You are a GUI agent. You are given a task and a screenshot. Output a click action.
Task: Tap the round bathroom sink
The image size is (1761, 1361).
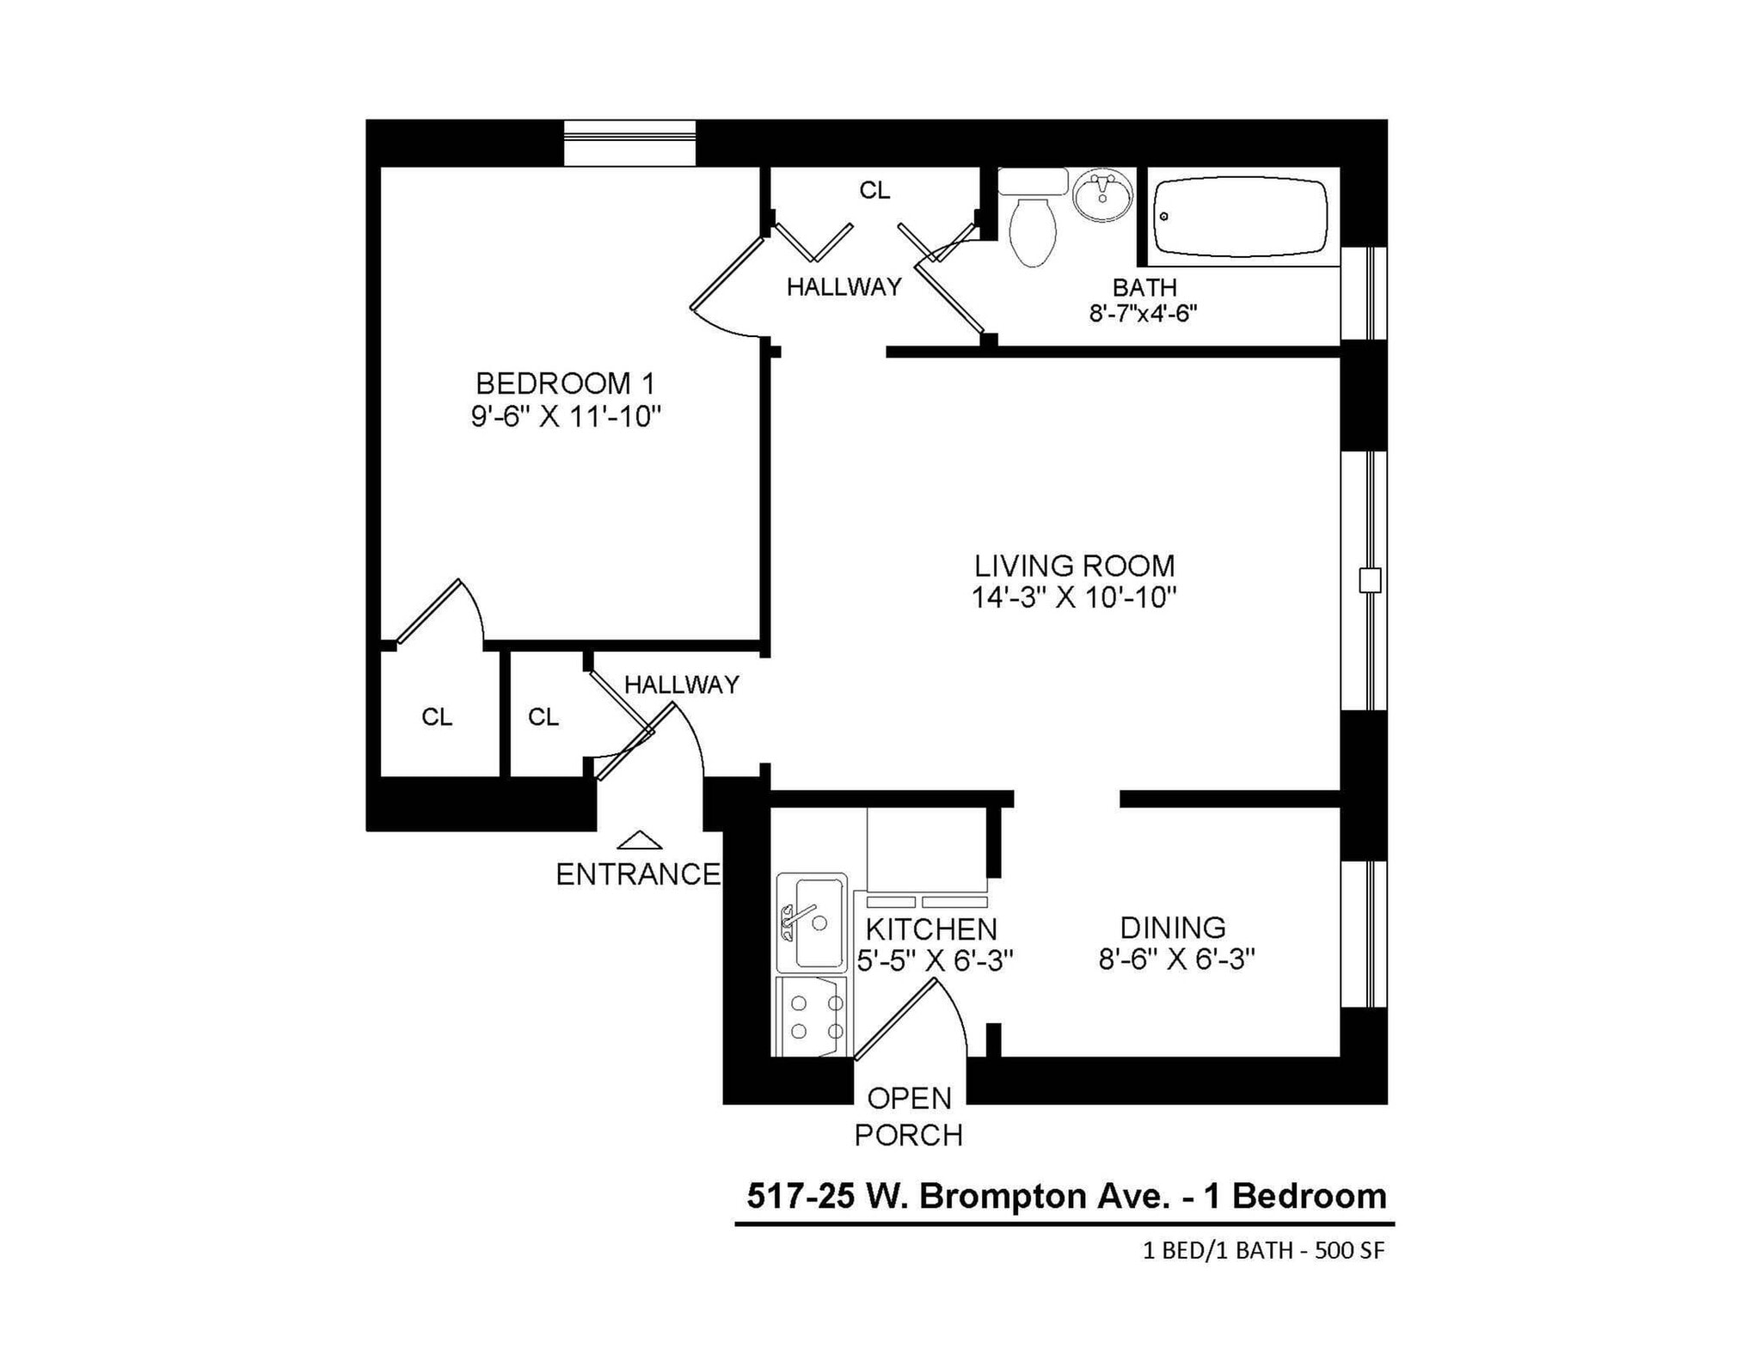[1103, 196]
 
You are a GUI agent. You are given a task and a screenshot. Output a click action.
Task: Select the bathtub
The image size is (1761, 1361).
[1239, 217]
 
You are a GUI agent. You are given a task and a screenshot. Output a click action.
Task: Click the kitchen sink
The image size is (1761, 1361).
[813, 922]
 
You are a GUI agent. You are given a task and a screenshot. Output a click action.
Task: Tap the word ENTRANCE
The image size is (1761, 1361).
[638, 874]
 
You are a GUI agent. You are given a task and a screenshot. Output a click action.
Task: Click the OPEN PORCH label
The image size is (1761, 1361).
[908, 1117]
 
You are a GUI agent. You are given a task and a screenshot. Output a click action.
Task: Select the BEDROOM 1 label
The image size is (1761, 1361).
[565, 383]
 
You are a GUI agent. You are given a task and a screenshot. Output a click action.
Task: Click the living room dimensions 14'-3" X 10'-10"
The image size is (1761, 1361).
[1073, 597]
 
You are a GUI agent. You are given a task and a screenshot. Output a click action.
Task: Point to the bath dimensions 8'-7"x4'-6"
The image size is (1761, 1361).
[1143, 313]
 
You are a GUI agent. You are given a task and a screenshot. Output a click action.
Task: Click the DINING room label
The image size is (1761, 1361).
[1173, 927]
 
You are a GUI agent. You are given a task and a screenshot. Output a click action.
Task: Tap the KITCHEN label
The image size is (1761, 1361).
[931, 929]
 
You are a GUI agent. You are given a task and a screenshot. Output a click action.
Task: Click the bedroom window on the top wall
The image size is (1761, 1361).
[629, 143]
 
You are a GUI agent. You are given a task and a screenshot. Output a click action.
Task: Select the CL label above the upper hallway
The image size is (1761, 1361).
[874, 191]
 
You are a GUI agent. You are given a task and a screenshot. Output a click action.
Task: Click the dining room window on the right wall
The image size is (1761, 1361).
[1365, 933]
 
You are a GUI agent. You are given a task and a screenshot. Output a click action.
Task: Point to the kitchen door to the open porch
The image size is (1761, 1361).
[894, 1021]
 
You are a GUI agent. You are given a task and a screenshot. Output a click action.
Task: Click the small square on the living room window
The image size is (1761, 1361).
[1369, 580]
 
